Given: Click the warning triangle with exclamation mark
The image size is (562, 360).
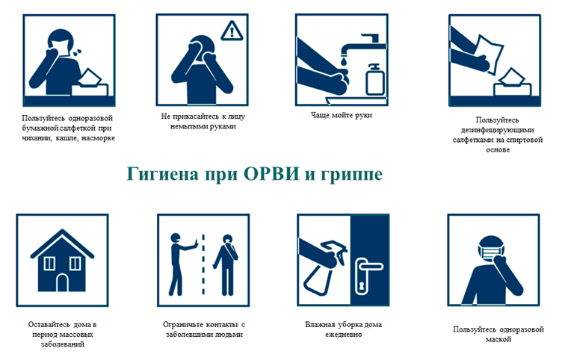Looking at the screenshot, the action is [x=232, y=31].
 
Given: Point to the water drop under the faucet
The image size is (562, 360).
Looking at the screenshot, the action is [x=344, y=61].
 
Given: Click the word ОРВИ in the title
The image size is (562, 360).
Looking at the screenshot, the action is [x=271, y=174].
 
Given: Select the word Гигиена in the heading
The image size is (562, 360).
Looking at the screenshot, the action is [x=162, y=174].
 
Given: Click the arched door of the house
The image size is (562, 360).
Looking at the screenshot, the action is [x=62, y=282].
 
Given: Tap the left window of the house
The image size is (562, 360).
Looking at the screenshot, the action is [x=49, y=264].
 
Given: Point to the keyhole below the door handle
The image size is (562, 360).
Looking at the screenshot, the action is [x=361, y=286].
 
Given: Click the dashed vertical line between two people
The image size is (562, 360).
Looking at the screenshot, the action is [x=203, y=264].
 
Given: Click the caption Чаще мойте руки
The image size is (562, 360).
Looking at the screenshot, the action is [x=342, y=115].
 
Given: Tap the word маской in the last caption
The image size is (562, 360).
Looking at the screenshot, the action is [x=498, y=339].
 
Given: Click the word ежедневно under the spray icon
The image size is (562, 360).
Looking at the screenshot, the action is [x=343, y=335].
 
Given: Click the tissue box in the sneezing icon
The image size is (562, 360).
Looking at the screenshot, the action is [x=90, y=84].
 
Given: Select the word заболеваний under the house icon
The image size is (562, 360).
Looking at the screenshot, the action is [x=62, y=344].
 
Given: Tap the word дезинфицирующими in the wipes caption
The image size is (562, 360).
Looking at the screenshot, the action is [x=498, y=130].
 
